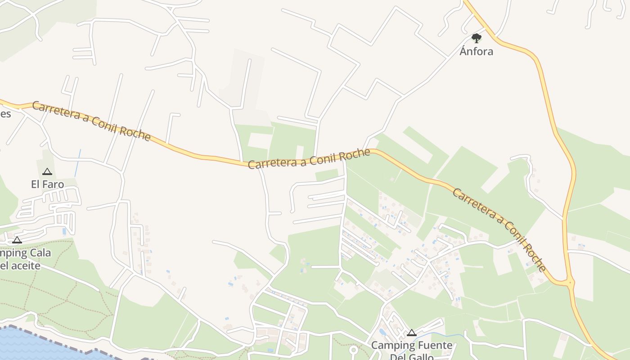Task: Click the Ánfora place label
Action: (476, 51)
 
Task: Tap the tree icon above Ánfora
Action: (477, 38)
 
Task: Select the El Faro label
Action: (47, 184)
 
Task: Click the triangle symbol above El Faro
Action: (47, 171)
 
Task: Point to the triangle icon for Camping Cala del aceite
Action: (17, 240)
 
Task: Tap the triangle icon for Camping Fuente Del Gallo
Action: (411, 333)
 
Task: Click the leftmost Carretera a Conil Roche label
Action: (91, 121)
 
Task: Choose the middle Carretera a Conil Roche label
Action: (309, 159)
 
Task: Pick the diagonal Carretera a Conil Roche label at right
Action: (499, 229)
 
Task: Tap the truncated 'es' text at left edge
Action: (5, 113)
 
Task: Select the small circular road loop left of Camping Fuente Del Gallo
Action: (353, 350)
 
